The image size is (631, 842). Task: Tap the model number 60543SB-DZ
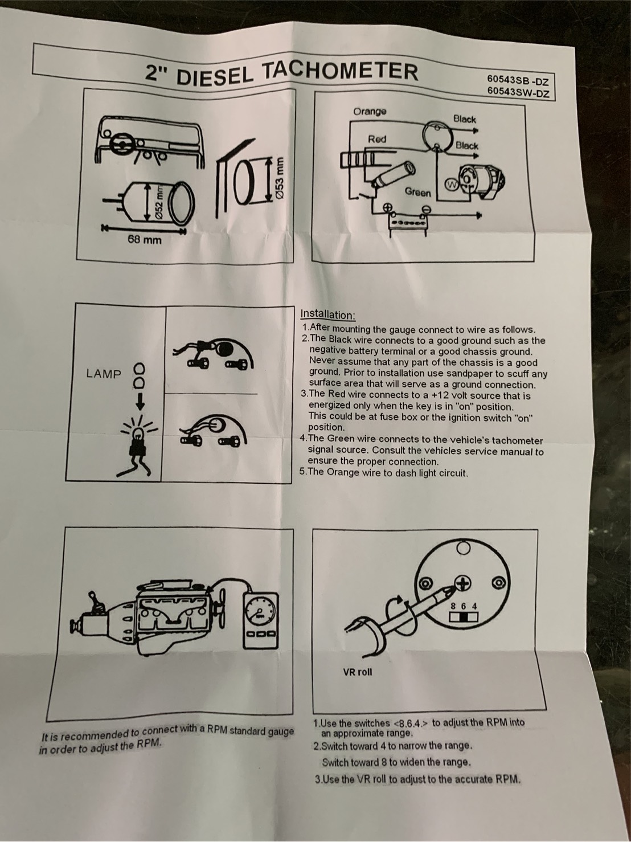coord(518,80)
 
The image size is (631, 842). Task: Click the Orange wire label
coord(370,112)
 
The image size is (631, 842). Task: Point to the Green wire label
coord(418,192)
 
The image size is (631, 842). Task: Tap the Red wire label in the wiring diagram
coord(377,139)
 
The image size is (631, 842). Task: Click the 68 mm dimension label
coord(145,240)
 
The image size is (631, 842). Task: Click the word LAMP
coord(104,374)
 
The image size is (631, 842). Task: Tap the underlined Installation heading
coord(328,314)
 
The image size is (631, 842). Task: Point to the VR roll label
coord(357,672)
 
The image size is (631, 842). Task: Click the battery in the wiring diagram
coord(407,224)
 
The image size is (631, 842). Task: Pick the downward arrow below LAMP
coord(141,400)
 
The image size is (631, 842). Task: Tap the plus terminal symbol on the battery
coord(388,207)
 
